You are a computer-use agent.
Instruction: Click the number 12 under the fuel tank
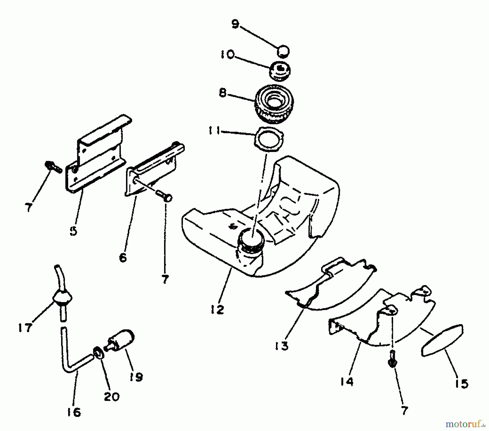[217, 309]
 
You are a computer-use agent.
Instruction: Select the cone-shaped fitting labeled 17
[63, 297]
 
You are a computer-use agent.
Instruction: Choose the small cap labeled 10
[280, 71]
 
